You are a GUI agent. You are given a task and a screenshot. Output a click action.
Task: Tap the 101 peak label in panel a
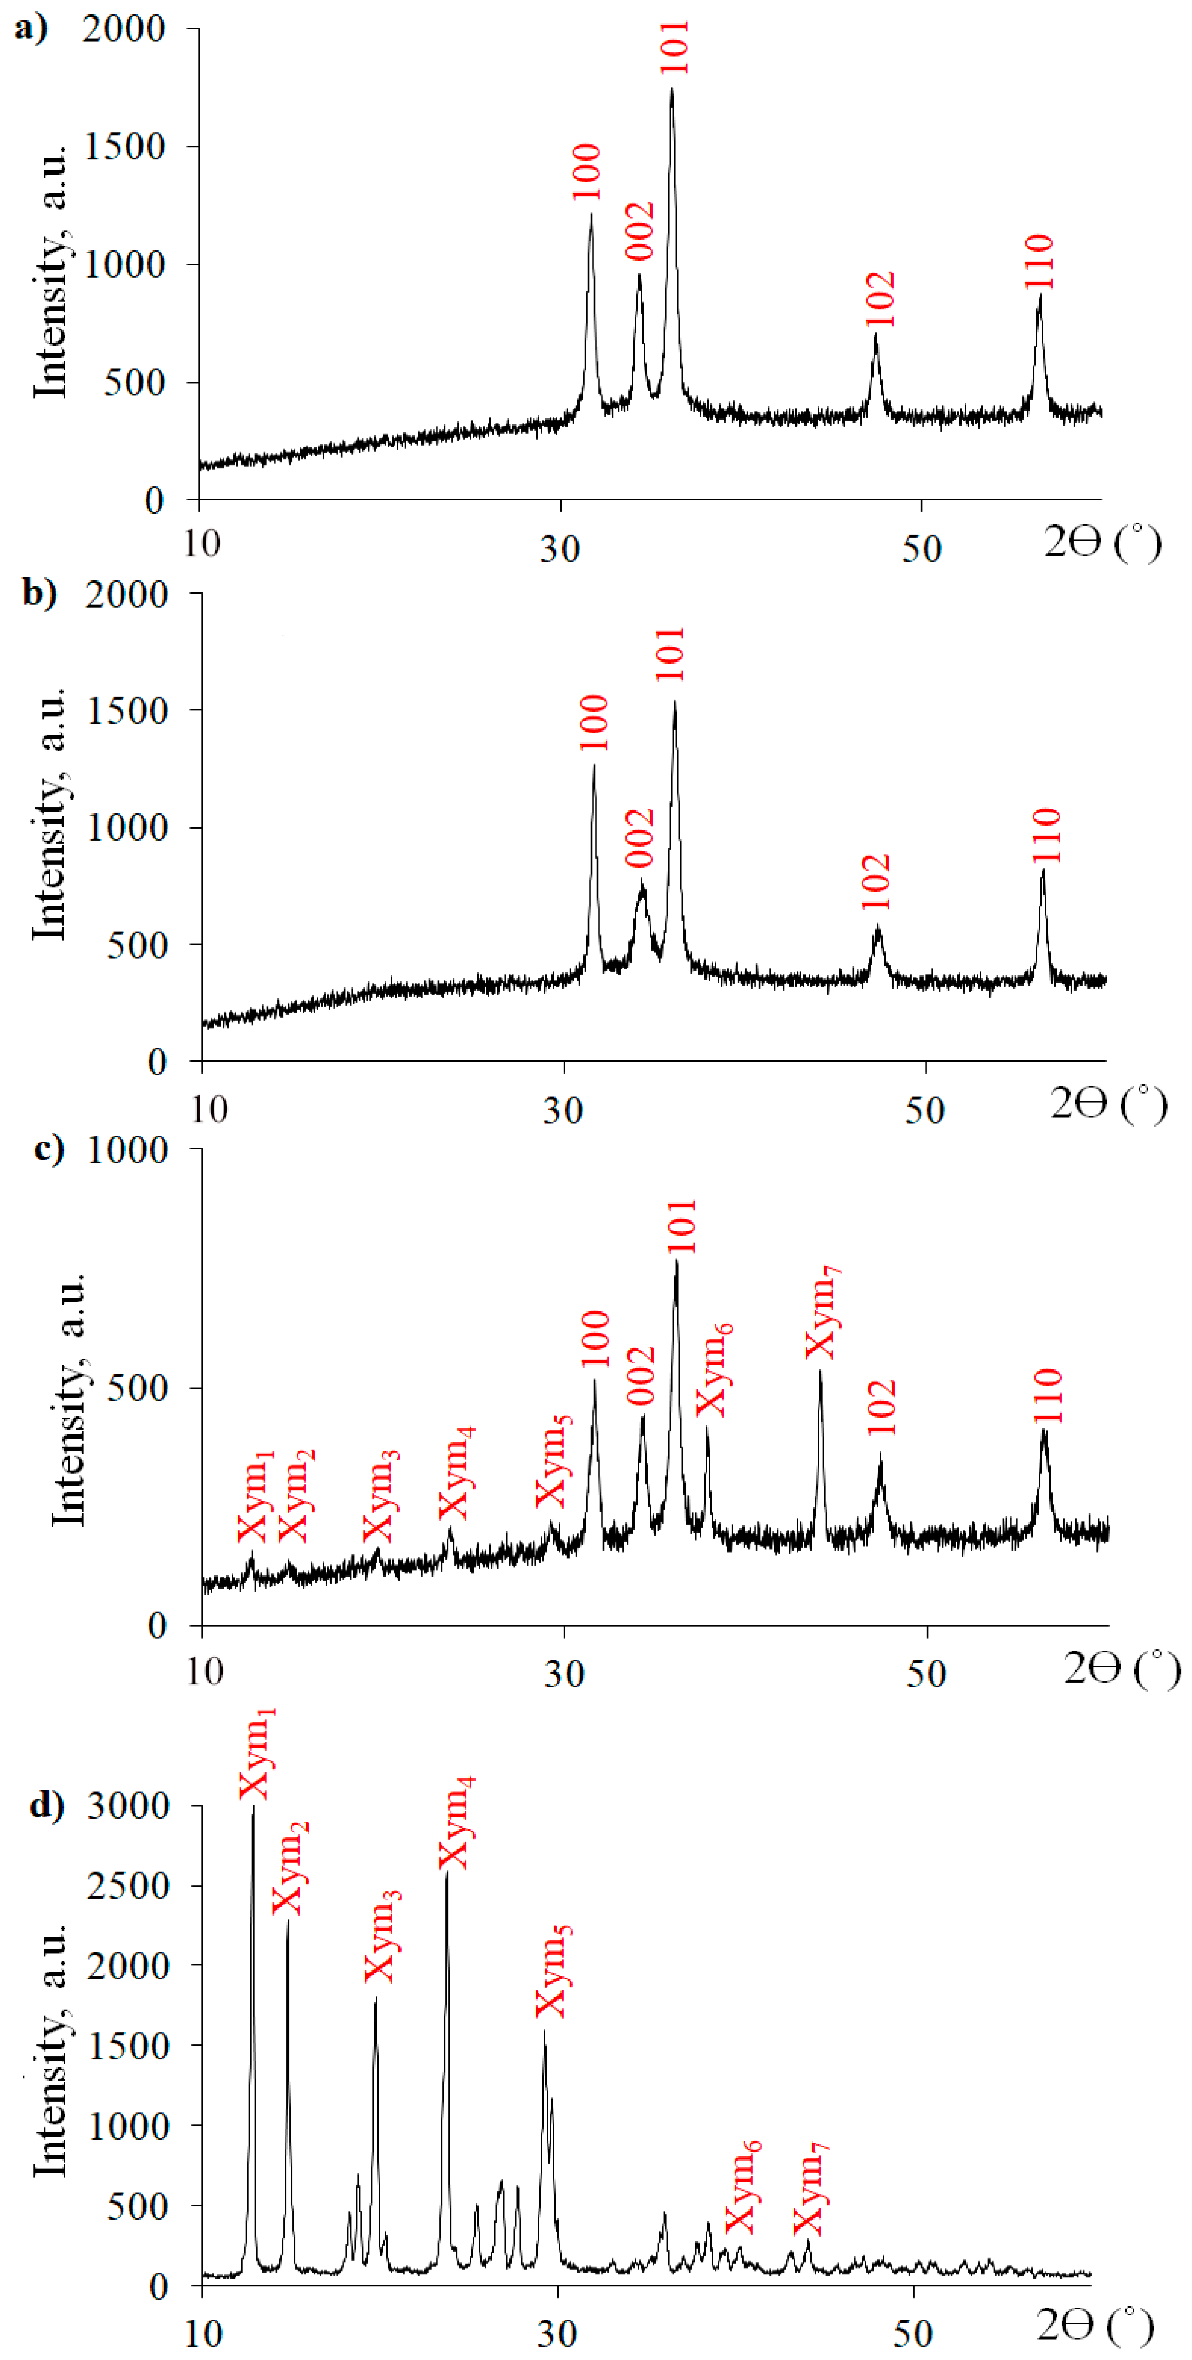674,48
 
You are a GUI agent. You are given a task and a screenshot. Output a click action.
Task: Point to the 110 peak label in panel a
1040,262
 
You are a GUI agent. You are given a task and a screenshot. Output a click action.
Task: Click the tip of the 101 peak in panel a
672,89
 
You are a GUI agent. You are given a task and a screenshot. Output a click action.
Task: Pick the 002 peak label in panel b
641,837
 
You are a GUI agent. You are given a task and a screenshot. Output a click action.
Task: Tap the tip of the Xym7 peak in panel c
820,1372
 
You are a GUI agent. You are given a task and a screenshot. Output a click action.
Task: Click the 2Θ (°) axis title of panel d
1095,2323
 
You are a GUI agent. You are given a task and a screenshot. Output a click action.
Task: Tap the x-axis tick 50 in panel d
913,2333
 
